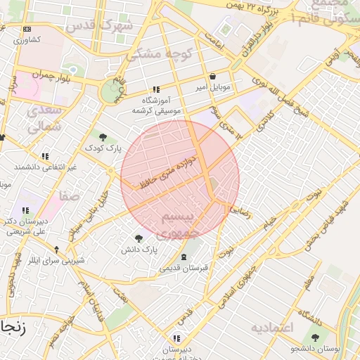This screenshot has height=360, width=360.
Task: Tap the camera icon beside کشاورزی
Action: pyautogui.click(x=27, y=30)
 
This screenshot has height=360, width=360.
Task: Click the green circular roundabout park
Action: pyautogui.click(x=110, y=92)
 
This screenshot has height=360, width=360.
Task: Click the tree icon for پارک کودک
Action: pyautogui.click(x=103, y=137)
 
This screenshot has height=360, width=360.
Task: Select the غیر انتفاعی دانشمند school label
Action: pyautogui.click(x=45, y=167)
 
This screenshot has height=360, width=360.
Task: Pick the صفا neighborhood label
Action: pyautogui.click(x=70, y=197)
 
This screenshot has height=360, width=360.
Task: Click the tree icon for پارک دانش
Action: pyautogui.click(x=139, y=239)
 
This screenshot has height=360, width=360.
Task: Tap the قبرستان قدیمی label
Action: pyautogui.click(x=183, y=268)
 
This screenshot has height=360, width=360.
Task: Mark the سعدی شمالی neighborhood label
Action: pyautogui.click(x=45, y=119)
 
